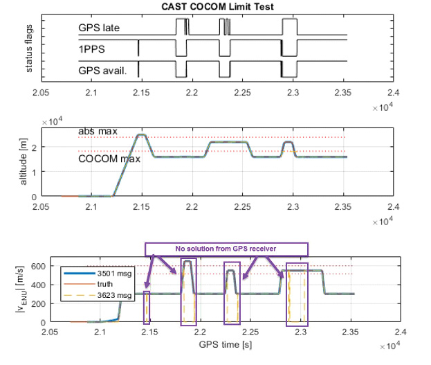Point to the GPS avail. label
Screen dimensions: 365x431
coord(102,69)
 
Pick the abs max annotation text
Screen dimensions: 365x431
coord(98,130)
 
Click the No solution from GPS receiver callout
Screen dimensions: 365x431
coord(225,249)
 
